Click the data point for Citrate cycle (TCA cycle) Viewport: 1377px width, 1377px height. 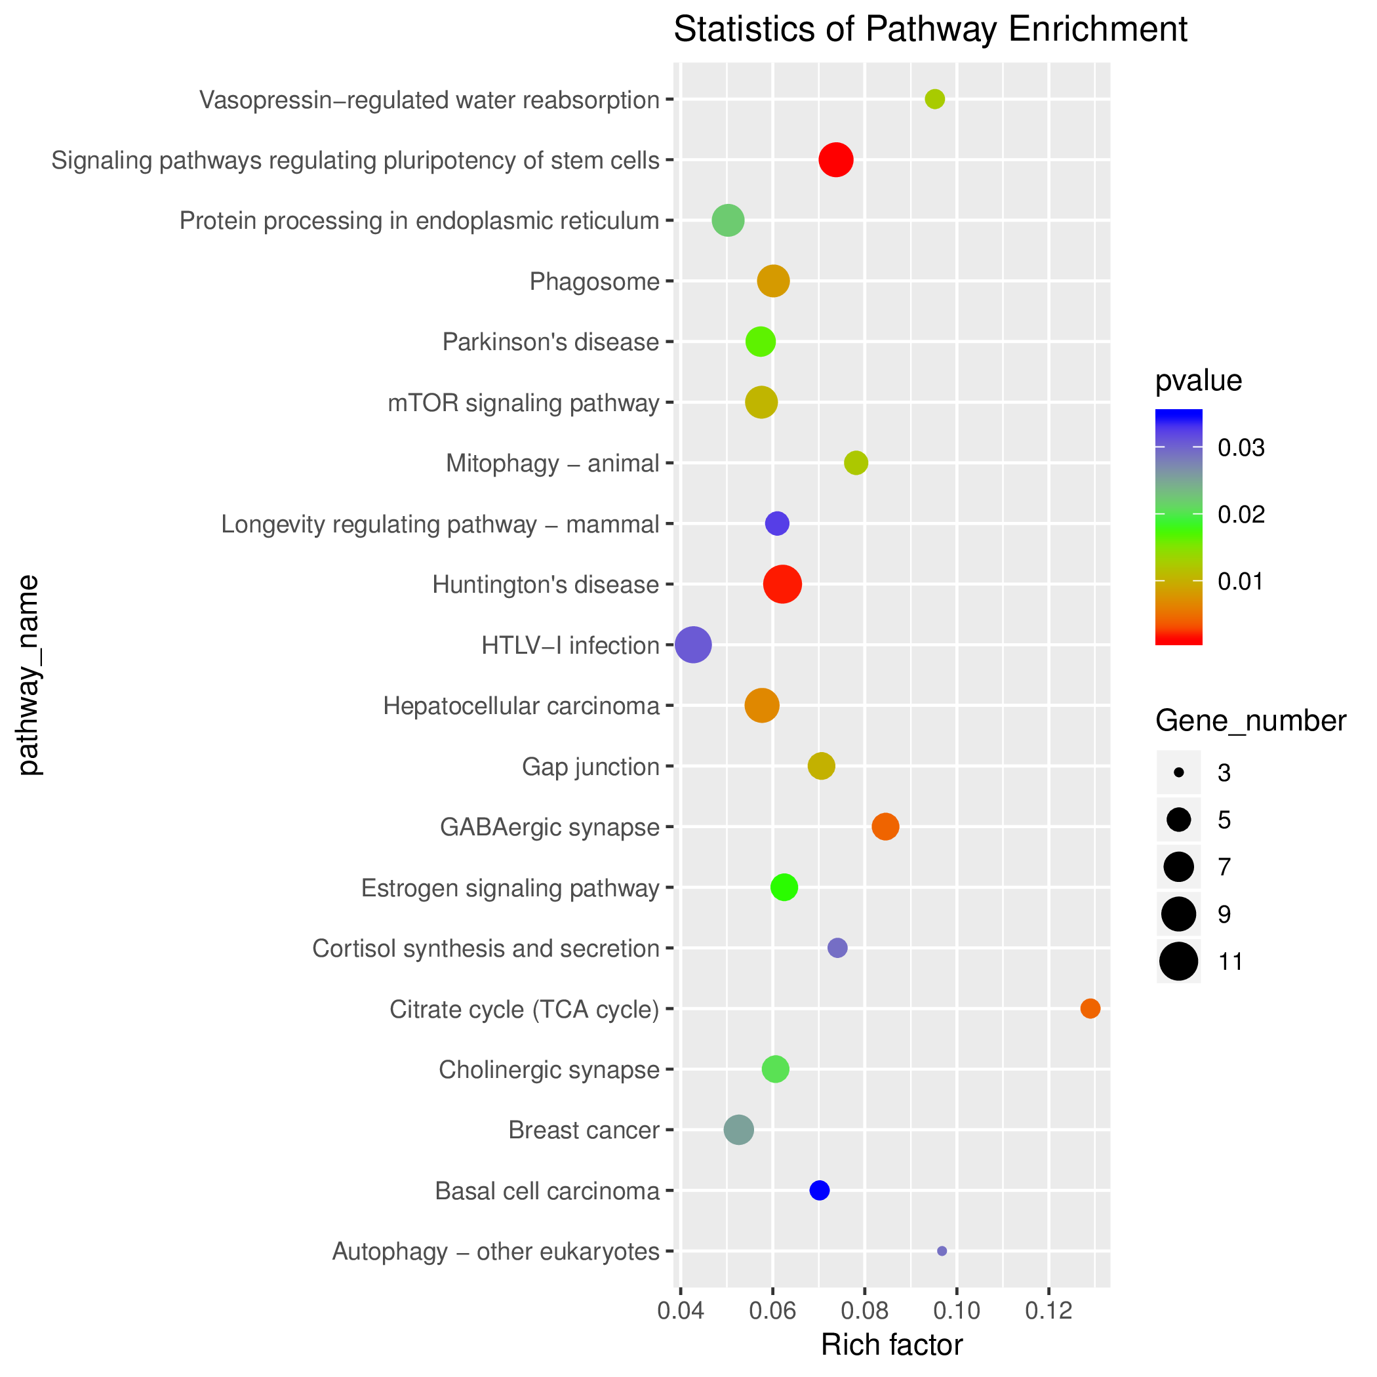click(1090, 1008)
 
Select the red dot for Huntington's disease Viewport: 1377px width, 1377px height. click(782, 584)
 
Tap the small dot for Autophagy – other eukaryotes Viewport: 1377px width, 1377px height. click(942, 1251)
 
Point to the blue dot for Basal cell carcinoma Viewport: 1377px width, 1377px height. click(819, 1190)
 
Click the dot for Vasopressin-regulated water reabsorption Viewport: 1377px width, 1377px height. click(934, 99)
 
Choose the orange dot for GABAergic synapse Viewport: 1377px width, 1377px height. click(885, 827)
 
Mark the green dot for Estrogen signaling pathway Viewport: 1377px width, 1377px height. click(784, 887)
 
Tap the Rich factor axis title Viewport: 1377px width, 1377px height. click(892, 1345)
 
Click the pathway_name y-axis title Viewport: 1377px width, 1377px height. click(28, 675)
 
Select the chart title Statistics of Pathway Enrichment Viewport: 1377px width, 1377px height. click(930, 30)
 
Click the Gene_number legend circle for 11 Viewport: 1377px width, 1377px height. click(1179, 961)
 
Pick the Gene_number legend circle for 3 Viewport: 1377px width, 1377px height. click(1179, 772)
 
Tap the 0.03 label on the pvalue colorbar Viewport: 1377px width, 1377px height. click(1241, 448)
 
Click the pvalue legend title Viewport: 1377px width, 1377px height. click(1198, 382)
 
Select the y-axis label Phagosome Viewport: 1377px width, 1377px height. click(595, 281)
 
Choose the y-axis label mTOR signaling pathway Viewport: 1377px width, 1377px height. click(523, 403)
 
